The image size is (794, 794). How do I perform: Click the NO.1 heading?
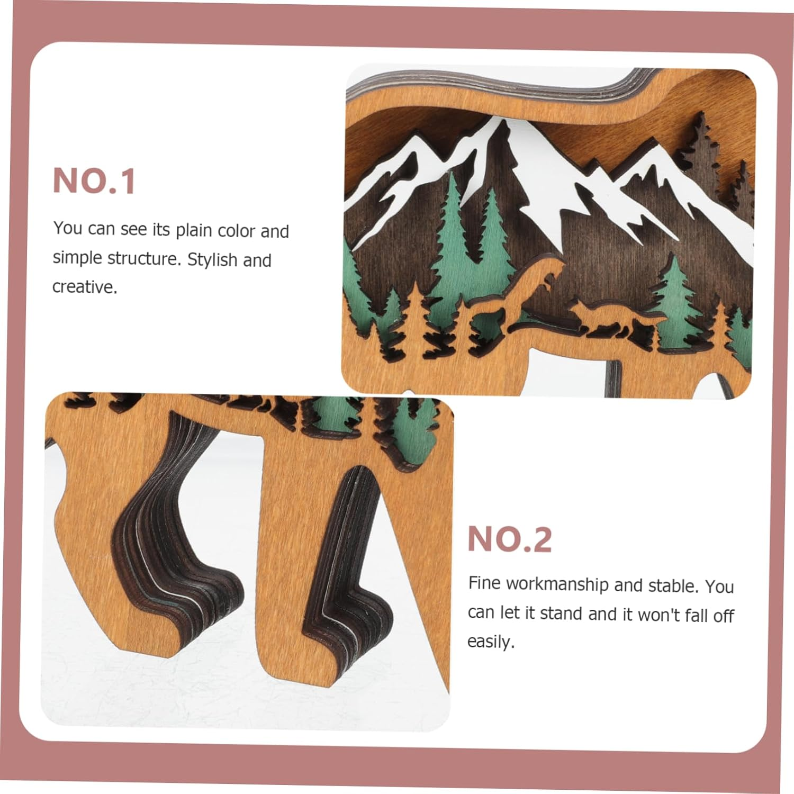pos(94,182)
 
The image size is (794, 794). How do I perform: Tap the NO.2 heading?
pos(509,539)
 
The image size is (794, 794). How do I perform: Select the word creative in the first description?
pos(84,287)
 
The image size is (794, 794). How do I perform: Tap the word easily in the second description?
pos(490,642)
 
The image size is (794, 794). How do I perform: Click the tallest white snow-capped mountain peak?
pos(498,132)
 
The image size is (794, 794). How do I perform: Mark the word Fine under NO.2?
pos(485,583)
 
